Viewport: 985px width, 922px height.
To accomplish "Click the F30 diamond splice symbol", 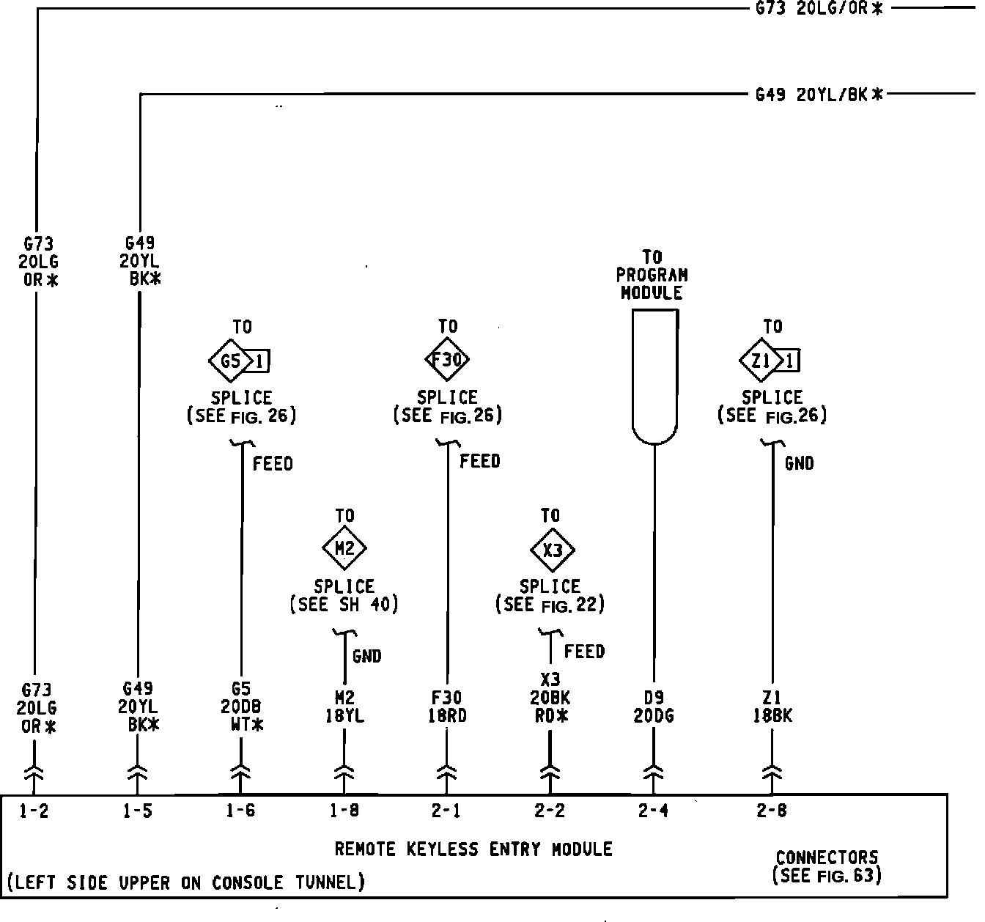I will [x=447, y=360].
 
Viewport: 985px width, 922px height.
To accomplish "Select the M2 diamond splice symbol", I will [x=344, y=548].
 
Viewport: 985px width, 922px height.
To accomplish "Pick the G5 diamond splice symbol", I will [x=230, y=361].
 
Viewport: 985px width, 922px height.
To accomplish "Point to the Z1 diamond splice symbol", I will [x=761, y=361].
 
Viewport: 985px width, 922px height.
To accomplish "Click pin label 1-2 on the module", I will [x=34, y=811].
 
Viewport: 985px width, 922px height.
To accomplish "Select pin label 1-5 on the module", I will [x=137, y=811].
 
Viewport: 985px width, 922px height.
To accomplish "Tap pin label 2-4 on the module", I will [x=653, y=811].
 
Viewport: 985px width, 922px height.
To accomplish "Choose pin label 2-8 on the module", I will [x=771, y=811].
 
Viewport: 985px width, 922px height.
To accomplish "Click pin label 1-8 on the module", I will [x=344, y=811].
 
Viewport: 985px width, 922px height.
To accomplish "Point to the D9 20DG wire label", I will [x=653, y=707].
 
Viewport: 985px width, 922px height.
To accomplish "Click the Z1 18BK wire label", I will [x=772, y=707].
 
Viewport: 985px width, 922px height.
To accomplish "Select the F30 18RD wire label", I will [x=446, y=707].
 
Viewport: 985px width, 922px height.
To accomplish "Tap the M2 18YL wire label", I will [x=344, y=707].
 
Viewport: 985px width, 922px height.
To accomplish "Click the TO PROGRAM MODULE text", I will [x=652, y=276].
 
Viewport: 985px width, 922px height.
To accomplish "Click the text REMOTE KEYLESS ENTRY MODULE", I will [x=473, y=849].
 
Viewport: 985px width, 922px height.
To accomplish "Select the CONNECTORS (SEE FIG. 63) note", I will [x=827, y=866].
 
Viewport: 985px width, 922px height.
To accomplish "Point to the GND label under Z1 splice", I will [x=799, y=463].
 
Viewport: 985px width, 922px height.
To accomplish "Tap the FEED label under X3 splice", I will [x=584, y=652].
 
